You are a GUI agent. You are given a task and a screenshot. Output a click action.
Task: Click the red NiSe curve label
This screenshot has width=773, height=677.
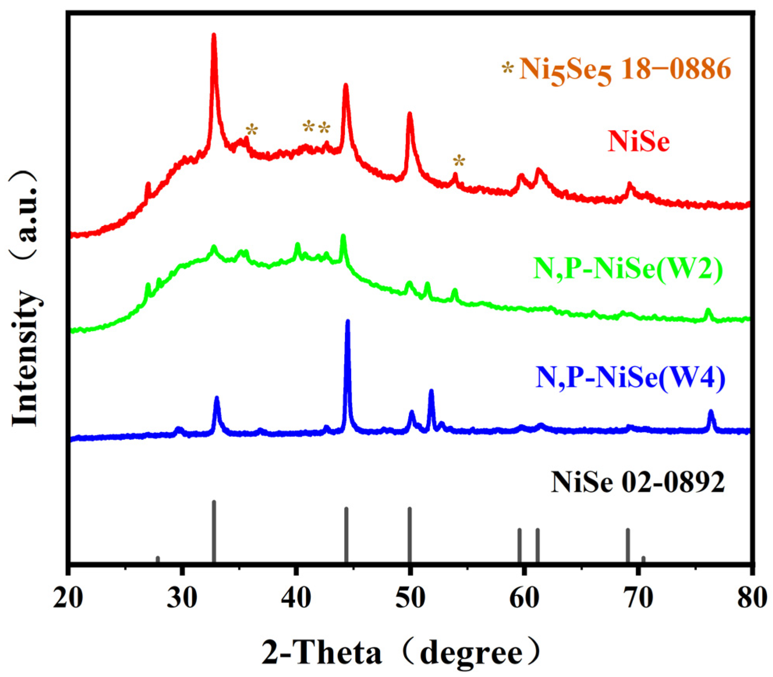pos(639,141)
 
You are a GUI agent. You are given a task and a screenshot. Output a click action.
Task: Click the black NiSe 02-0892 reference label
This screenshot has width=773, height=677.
pos(638,482)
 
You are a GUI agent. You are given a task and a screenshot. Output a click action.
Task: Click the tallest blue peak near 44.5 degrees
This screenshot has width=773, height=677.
pos(348,323)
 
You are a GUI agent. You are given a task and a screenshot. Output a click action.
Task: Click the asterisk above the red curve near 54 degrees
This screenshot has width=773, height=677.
pos(459,161)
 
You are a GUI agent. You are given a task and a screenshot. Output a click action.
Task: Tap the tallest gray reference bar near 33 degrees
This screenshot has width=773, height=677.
pos(214,530)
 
